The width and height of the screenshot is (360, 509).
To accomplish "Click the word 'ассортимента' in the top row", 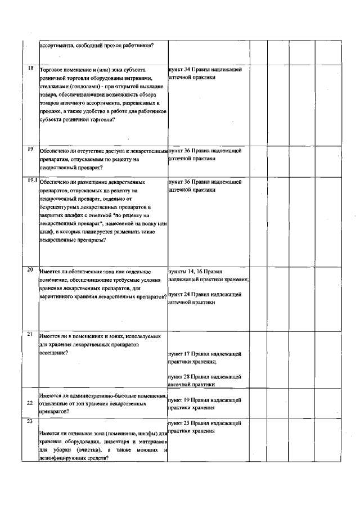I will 57,46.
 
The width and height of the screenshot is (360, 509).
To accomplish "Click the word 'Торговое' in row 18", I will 52,70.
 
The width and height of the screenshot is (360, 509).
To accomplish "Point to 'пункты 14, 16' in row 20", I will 183,271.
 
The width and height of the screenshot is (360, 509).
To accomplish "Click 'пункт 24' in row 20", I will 179,294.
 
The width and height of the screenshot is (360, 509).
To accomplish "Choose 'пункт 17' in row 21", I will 179,354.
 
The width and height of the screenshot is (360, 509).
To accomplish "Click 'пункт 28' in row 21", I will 179,376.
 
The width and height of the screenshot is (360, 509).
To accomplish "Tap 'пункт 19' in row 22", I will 179,400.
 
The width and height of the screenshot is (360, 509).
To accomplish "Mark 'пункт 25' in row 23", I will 179,422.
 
